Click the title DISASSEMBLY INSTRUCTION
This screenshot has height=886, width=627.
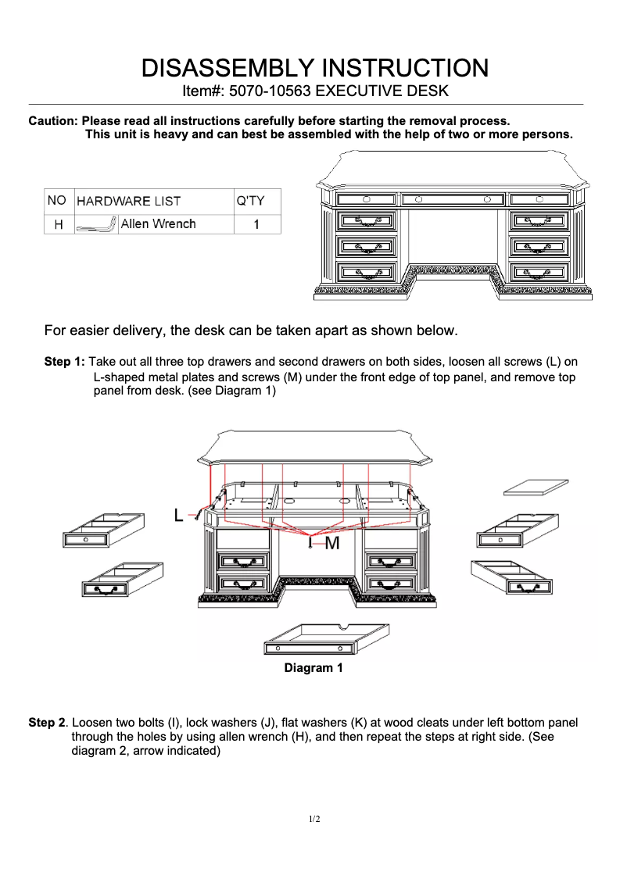pyautogui.click(x=314, y=67)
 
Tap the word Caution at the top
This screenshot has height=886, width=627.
pyautogui.click(x=52, y=121)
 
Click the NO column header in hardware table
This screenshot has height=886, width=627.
pyautogui.click(x=56, y=201)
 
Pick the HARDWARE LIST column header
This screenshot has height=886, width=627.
pyautogui.click(x=129, y=201)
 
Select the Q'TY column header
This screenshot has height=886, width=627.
pyautogui.click(x=251, y=201)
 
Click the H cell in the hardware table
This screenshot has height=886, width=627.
pyautogui.click(x=58, y=224)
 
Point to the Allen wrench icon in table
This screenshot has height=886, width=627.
pyautogui.click(x=96, y=226)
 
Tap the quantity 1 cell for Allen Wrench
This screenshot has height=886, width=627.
pyautogui.click(x=256, y=224)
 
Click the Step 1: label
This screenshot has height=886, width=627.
pyautogui.click(x=64, y=363)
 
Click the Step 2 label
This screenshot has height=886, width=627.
pyautogui.click(x=47, y=723)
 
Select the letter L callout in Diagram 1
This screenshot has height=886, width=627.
pyautogui.click(x=179, y=516)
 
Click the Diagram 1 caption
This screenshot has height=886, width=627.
pyautogui.click(x=313, y=668)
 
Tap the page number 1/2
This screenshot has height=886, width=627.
pyautogui.click(x=313, y=819)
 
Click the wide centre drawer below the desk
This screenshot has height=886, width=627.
pyautogui.click(x=327, y=638)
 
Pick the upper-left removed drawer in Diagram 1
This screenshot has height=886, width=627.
pyautogui.click(x=103, y=531)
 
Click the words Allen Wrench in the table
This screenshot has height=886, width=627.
pyautogui.click(x=158, y=224)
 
